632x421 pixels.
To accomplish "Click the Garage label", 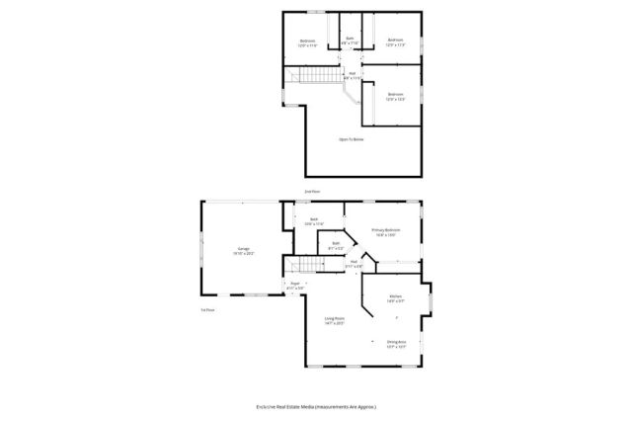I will pos(242,249).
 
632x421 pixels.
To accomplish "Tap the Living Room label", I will pos(334,318).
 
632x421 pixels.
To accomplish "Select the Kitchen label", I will pos(395,295).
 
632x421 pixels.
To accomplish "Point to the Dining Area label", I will pos(396,342).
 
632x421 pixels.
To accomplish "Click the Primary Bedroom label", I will pos(386,229).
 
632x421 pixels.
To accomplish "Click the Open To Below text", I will pos(352,139).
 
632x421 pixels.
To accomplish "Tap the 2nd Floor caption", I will pos(313,191).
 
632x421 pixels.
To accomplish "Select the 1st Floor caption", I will pos(207,310).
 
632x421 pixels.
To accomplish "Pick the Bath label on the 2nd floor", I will pos(350,39).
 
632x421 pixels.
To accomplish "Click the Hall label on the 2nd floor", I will pos(352,73).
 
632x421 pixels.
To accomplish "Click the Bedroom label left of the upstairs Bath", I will pos(307,41).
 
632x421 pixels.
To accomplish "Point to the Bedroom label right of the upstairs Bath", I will pos(395,41).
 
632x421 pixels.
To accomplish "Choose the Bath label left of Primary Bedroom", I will pos(314,219).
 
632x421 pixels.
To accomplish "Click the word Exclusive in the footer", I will pos(270,406).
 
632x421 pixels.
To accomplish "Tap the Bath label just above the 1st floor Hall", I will pos(336,243).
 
